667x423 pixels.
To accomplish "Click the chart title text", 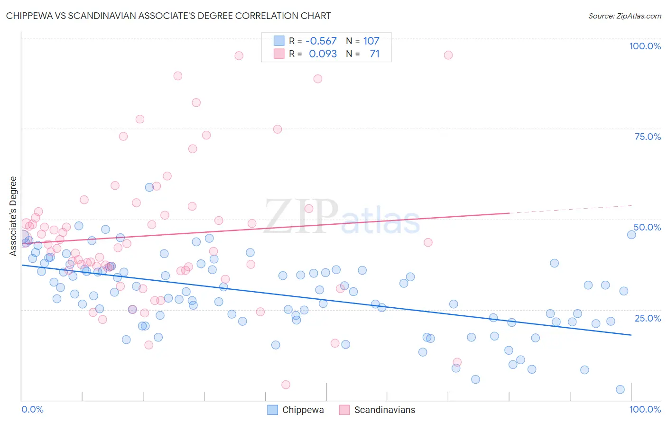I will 168,16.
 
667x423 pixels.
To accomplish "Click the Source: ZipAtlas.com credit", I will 624,16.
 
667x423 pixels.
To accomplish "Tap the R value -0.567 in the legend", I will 321,41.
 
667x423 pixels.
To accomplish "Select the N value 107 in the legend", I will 371,41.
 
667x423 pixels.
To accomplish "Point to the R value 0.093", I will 323,54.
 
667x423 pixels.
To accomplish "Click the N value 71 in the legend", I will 375,54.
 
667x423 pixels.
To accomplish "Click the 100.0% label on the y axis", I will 645,46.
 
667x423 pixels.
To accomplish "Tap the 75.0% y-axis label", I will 648,137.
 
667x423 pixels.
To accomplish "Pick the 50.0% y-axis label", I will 647,227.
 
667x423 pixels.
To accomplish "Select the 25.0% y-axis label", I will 648,318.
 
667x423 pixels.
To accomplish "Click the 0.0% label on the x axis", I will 32,409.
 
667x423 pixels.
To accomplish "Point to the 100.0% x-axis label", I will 645,409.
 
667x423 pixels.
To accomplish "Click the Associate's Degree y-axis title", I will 13,216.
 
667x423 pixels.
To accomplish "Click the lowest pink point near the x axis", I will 286,385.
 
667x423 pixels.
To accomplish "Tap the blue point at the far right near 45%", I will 631,235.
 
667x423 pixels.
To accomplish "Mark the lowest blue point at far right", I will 620,389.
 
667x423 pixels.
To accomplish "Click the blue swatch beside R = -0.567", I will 279,41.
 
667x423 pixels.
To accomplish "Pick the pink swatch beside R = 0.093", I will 279,54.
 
